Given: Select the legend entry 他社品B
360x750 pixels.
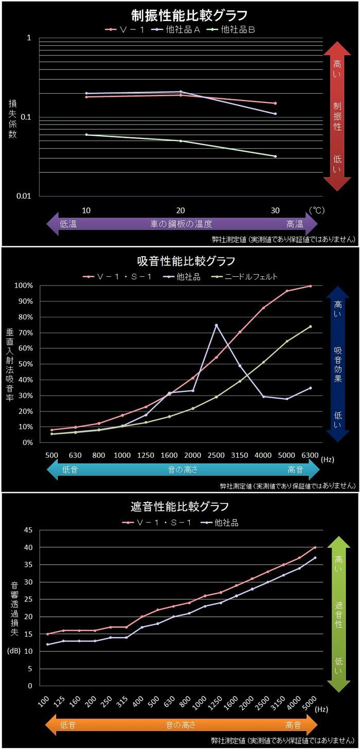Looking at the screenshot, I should pyautogui.click(x=238, y=30).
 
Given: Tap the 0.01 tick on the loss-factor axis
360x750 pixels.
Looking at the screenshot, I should pyautogui.click(x=24, y=196).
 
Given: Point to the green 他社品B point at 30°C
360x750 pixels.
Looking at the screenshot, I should pyautogui.click(x=276, y=156).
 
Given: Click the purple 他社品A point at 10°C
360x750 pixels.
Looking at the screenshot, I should pyautogui.click(x=86, y=94).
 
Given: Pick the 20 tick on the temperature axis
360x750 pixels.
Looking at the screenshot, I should pyautogui.click(x=181, y=210).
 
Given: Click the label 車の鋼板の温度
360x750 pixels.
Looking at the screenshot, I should pyautogui.click(x=181, y=224).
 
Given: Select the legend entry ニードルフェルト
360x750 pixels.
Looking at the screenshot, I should pyautogui.click(x=253, y=277).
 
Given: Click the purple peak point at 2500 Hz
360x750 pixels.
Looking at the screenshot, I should pyautogui.click(x=216, y=325).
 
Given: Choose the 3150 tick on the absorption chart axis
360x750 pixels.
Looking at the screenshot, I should pyautogui.click(x=239, y=455).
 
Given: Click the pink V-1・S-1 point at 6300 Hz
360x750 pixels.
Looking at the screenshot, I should pyautogui.click(x=311, y=286).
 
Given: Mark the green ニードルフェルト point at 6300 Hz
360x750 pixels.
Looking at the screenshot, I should pyautogui.click(x=311, y=326).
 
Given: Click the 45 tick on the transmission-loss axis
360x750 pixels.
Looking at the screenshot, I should pyautogui.click(x=29, y=530).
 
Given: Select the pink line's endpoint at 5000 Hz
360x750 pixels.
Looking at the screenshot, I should pyautogui.click(x=315, y=547).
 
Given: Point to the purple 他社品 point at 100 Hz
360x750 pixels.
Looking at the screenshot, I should pyautogui.click(x=48, y=644).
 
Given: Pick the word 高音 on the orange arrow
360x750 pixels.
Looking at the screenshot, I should pyautogui.click(x=294, y=725).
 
